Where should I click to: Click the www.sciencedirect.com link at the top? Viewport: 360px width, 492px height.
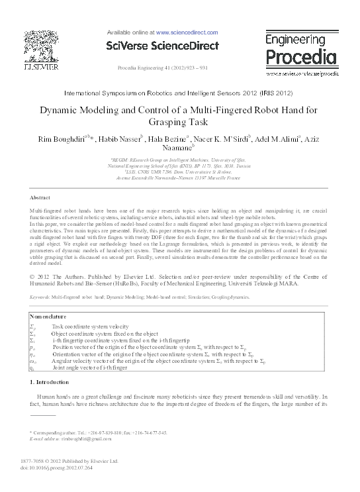(x=186, y=32)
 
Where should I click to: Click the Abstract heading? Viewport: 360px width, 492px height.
(x=41, y=198)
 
